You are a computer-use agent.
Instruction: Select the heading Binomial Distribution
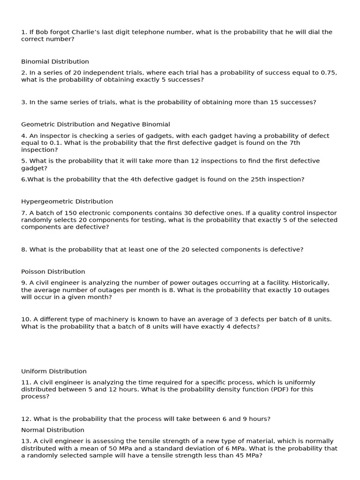click(55, 61)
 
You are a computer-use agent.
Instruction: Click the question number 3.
click(24, 102)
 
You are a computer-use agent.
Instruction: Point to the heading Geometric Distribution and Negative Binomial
click(96, 124)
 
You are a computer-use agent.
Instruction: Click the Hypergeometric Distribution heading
click(67, 202)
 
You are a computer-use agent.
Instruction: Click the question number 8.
click(24, 249)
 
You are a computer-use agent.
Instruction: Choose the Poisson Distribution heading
click(53, 271)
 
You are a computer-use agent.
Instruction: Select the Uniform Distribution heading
click(54, 371)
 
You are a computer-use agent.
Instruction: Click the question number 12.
click(26, 419)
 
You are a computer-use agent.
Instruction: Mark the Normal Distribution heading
click(52, 430)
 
